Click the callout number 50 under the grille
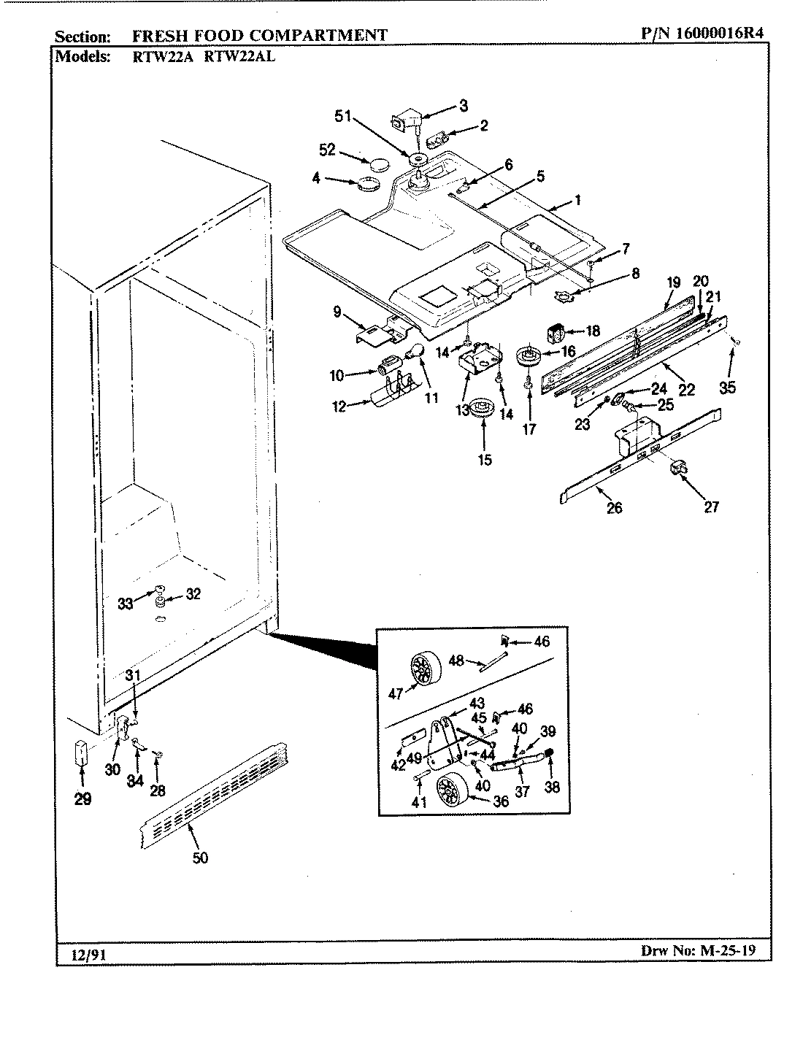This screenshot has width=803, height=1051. pyautogui.click(x=200, y=858)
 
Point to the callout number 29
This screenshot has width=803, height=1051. pyautogui.click(x=82, y=799)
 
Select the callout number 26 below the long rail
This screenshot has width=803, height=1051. pyautogui.click(x=615, y=507)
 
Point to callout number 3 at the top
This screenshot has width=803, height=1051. pyautogui.click(x=463, y=106)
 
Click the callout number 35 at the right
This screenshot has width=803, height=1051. pyautogui.click(x=727, y=388)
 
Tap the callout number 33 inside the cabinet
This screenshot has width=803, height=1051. pyautogui.click(x=126, y=603)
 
